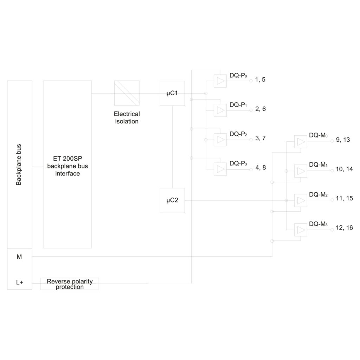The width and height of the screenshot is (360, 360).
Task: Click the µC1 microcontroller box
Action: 172,93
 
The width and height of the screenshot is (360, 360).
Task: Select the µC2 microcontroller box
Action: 172,200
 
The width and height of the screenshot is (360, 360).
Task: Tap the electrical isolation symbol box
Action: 127,93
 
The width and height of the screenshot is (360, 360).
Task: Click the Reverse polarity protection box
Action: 70,284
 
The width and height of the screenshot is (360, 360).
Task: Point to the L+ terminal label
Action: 20,282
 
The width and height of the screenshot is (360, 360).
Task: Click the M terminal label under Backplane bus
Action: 19,257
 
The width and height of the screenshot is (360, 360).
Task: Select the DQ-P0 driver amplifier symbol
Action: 220,81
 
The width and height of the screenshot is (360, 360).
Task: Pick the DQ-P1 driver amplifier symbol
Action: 220,110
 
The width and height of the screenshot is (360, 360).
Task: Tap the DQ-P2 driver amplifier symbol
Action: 220,140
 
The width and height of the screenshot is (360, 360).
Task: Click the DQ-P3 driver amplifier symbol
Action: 220,169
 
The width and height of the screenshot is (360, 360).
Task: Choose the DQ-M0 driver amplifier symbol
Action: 301,142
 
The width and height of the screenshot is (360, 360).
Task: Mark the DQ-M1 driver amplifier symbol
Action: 301,171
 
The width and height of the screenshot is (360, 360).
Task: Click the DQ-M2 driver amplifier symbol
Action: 301,200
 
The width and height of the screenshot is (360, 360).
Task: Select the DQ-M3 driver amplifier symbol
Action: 301,230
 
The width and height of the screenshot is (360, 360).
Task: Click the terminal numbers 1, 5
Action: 260,80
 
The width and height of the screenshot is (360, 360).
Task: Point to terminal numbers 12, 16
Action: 345,228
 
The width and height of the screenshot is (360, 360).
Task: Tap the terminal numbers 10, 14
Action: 345,169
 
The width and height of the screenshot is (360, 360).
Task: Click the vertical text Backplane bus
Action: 19,165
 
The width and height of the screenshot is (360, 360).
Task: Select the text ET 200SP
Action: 67,159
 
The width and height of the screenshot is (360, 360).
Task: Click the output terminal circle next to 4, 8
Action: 251,170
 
